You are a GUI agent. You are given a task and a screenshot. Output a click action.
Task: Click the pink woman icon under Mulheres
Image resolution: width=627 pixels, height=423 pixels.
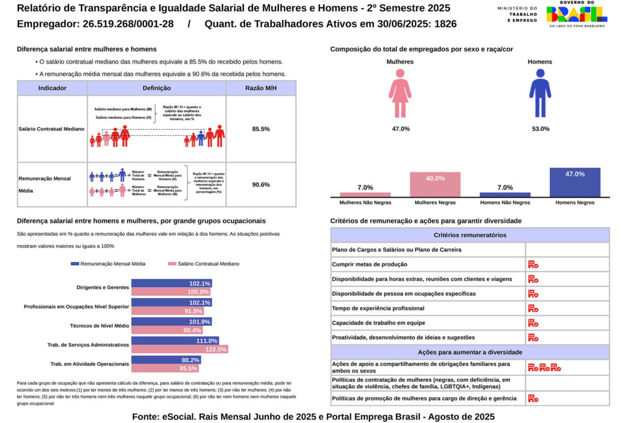coord(400,92)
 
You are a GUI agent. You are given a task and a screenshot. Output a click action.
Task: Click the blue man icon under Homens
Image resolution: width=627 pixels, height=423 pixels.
coord(539,92)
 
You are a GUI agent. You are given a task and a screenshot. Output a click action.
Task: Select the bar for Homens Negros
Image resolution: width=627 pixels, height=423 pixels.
coord(574,182)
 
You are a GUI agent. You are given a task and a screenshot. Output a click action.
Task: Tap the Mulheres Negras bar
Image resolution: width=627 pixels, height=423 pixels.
coord(435,184)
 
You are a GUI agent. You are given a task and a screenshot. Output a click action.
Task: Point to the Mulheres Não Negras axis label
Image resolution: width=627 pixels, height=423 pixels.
coord(366,202)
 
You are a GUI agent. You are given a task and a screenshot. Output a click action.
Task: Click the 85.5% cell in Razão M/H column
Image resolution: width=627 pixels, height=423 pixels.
coord(261,129)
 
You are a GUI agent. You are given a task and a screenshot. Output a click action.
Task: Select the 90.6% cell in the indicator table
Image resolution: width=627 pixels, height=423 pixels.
coord(261,184)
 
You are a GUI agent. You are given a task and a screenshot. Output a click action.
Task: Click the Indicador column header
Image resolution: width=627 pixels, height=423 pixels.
coord(52,88)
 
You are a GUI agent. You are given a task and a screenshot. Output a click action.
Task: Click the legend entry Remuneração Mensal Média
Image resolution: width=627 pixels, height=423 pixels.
coord(108,264)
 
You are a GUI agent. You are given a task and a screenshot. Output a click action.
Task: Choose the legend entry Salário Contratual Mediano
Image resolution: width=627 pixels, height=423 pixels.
coord(203,264)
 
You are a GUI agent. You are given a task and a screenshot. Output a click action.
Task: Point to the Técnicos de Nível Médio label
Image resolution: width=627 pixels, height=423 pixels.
coord(99,326)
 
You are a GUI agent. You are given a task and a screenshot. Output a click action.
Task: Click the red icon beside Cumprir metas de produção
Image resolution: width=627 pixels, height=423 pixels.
coord(533,264)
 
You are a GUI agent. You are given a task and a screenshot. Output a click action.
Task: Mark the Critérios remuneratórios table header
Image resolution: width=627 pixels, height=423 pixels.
coord(470,235)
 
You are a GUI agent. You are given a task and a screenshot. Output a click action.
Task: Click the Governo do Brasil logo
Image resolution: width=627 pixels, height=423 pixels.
coord(576,14)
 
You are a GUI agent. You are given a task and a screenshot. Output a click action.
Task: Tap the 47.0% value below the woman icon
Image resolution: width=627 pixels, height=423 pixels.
coord(400,129)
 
